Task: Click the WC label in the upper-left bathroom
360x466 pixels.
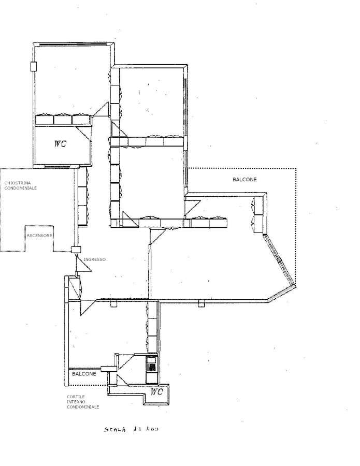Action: [60, 143]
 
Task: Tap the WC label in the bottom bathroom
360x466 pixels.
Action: [156, 392]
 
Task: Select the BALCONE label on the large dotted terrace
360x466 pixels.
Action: [244, 180]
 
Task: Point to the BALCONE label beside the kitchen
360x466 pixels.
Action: [84, 374]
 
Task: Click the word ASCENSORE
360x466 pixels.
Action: [39, 236]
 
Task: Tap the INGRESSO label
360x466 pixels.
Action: [95, 259]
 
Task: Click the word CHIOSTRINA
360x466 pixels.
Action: [17, 183]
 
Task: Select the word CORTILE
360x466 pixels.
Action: [76, 397]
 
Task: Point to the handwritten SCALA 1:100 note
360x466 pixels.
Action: [131, 429]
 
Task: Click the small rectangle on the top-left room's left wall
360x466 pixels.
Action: [34, 66]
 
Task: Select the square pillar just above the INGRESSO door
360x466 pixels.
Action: [76, 250]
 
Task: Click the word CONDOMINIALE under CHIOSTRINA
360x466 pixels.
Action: [20, 188]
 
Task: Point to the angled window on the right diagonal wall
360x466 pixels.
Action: [279, 259]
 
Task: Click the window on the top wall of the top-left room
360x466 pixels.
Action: [72, 45]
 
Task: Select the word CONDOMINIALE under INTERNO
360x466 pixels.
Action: [83, 407]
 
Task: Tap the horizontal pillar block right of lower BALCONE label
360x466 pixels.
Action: [108, 369]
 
